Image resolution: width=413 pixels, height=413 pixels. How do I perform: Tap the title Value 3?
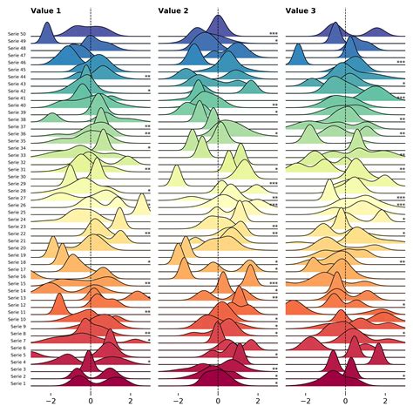click(x=301, y=10)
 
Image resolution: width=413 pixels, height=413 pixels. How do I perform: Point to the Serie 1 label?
click(x=17, y=383)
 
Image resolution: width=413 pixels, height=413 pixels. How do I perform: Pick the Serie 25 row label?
click(x=16, y=212)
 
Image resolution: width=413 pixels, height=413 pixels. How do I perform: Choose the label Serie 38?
click(x=16, y=120)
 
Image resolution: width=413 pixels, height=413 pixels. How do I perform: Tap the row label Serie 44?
click(x=16, y=77)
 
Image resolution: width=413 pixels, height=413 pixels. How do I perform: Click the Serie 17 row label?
click(x=16, y=269)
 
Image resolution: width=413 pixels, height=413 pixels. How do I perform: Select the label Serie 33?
click(x=16, y=155)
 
